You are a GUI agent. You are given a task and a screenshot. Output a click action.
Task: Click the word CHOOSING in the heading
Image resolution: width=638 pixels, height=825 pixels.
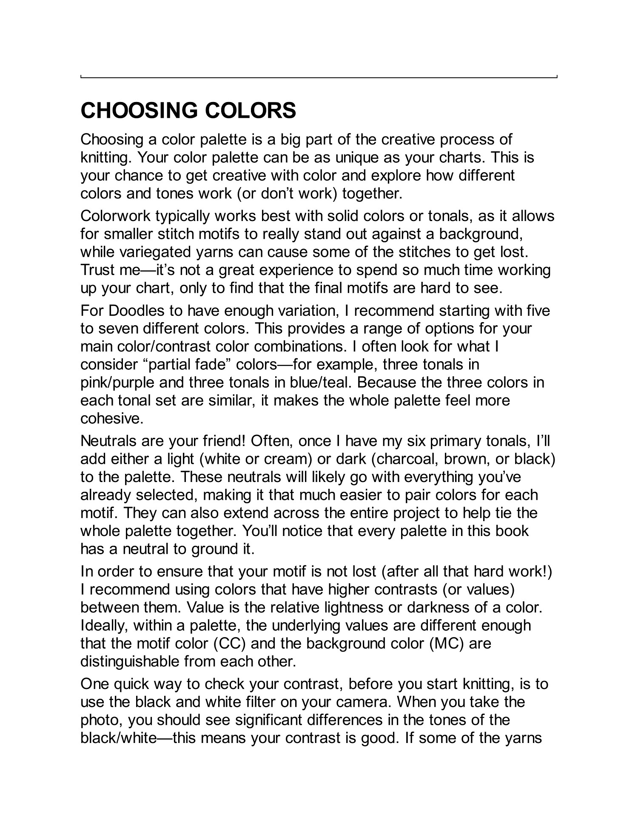pos(140,111)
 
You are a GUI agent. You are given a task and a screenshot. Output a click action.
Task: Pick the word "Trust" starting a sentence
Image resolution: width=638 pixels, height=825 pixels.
pos(99,270)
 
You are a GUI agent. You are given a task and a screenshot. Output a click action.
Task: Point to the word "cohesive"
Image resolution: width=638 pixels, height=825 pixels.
pos(112,419)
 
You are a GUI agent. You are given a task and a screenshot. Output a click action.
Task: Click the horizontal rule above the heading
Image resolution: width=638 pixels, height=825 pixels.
pos(319,77)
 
